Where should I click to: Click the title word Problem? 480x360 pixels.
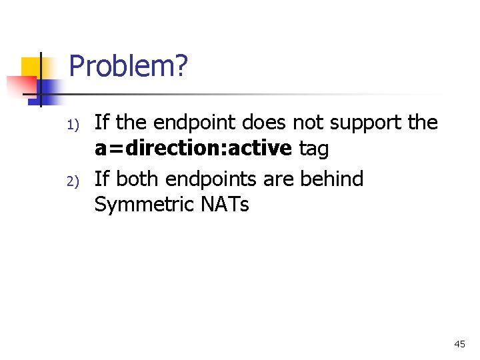coord(128,67)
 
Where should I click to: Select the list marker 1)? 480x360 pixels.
coord(73,125)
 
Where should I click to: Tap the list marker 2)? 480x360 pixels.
coord(73,181)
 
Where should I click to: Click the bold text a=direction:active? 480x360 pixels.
coord(193,149)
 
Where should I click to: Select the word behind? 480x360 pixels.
coord(339,179)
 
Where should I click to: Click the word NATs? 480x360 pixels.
coord(224,205)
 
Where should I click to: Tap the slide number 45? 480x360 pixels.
coord(459,344)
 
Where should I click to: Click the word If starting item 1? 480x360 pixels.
coord(102,123)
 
